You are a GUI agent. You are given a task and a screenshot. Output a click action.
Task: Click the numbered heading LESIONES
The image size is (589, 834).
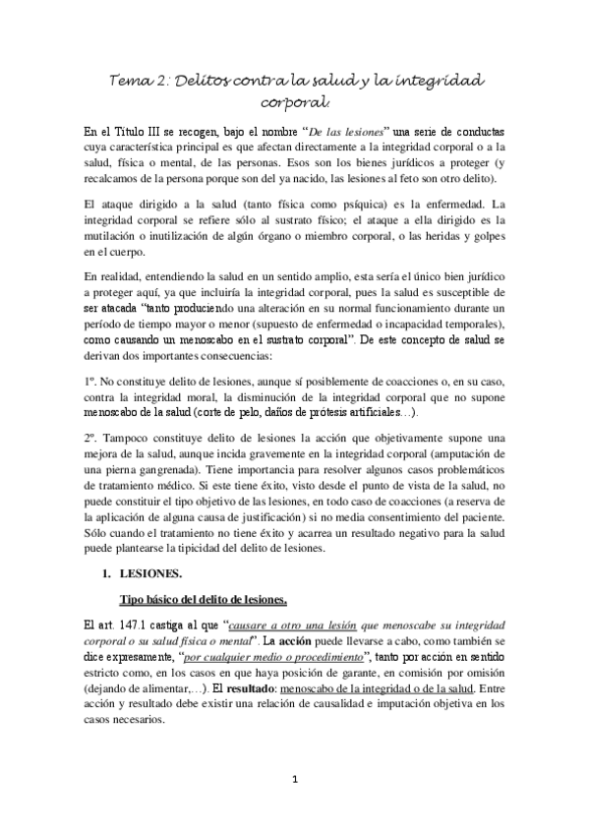point(162,596)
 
